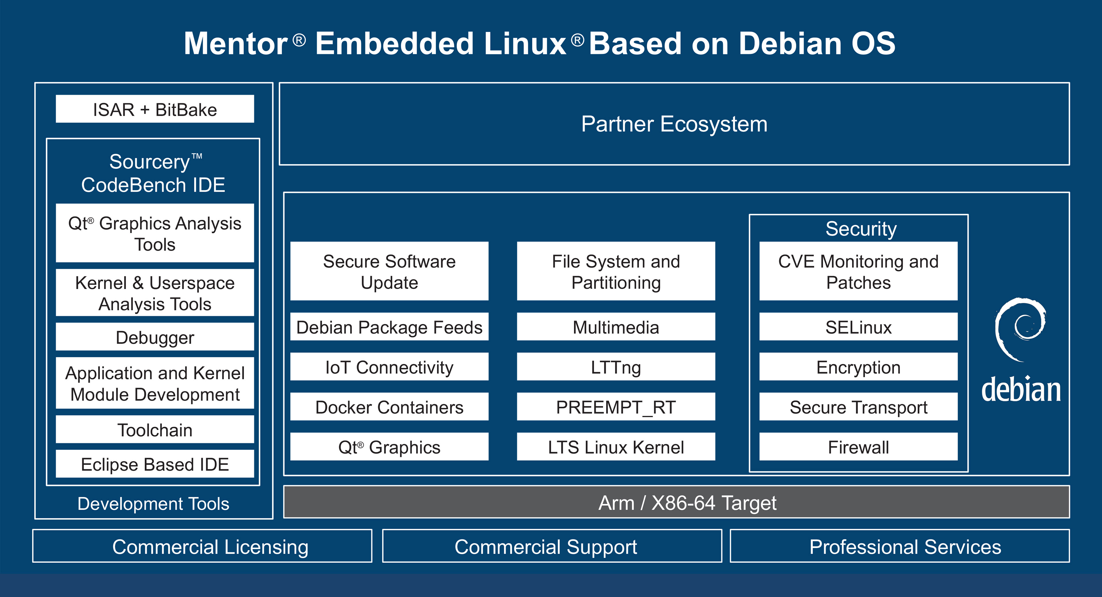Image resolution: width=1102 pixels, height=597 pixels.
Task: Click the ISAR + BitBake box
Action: (x=155, y=109)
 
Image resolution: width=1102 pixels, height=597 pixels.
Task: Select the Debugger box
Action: (x=155, y=337)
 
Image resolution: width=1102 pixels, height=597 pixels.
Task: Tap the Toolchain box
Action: (x=155, y=430)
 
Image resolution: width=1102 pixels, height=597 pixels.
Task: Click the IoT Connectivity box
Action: (x=389, y=367)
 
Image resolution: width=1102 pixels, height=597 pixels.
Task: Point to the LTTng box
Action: (x=616, y=367)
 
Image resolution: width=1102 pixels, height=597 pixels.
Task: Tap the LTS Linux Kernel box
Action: (x=616, y=447)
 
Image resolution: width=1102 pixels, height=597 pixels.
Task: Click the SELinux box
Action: (x=859, y=327)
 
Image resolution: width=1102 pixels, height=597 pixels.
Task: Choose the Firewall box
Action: (x=859, y=447)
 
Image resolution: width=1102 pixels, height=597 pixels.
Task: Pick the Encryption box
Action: (x=859, y=367)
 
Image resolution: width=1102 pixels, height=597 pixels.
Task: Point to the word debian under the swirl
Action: (x=1021, y=389)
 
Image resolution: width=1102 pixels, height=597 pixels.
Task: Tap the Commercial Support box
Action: (x=552, y=546)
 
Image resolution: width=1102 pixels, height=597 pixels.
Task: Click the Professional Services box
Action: (x=900, y=546)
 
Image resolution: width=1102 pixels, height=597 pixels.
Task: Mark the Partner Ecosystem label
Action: (x=674, y=124)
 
